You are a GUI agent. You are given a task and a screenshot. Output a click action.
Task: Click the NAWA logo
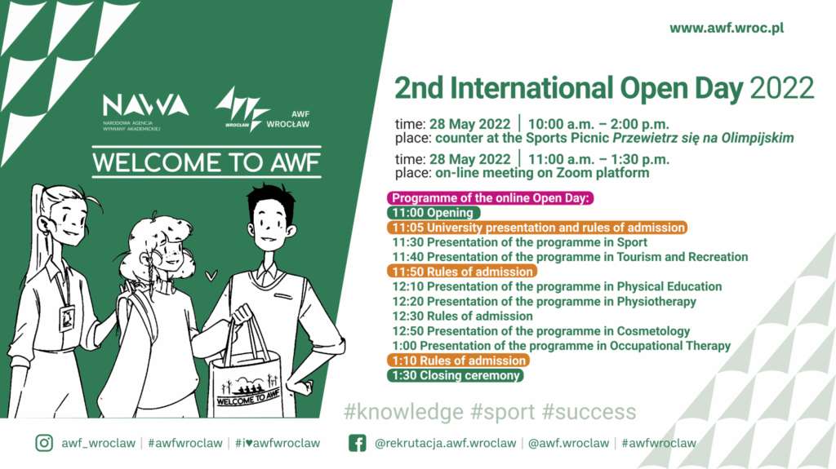click(x=145, y=112)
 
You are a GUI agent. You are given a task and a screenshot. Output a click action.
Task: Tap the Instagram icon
click(x=44, y=443)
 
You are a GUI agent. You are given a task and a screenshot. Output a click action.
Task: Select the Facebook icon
click(x=358, y=443)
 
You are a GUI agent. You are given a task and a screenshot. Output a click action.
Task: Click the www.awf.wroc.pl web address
click(x=727, y=28)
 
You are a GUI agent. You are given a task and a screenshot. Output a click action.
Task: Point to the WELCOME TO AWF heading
click(x=207, y=162)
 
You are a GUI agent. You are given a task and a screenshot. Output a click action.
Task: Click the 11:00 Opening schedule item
click(x=433, y=213)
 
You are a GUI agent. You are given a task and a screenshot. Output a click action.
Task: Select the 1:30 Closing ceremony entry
click(x=456, y=375)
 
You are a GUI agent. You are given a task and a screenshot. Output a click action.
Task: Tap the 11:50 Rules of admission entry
click(x=462, y=272)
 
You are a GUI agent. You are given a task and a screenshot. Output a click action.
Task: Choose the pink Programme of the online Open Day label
click(x=490, y=198)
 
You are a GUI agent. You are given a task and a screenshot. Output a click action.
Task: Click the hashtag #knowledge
click(x=403, y=412)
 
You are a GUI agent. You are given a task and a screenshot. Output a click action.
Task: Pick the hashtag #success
click(x=589, y=412)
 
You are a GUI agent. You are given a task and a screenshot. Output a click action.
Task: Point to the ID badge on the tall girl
click(x=67, y=318)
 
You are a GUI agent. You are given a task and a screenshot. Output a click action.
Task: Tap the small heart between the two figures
click(x=211, y=276)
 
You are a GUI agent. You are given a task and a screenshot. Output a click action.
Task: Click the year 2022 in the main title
click(x=782, y=88)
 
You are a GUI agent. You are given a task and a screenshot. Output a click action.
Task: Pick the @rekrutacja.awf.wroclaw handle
click(x=445, y=444)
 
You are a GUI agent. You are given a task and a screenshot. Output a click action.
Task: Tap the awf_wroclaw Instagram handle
click(x=98, y=444)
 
